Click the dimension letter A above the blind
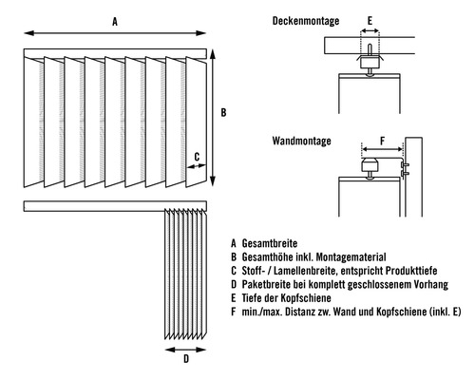(x=115, y=22)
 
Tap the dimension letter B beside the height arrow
(x=223, y=112)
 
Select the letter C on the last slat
(x=197, y=157)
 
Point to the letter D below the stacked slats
(x=186, y=358)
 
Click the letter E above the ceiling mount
(x=370, y=21)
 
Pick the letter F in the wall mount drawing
(x=382, y=141)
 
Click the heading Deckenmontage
(x=306, y=21)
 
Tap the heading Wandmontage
(x=301, y=141)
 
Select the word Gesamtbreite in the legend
(x=270, y=243)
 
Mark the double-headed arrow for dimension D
(x=186, y=350)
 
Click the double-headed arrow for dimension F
(x=382, y=149)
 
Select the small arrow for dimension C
(x=197, y=165)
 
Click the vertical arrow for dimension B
(x=213, y=118)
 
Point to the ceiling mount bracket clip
(x=370, y=62)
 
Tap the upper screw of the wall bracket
(x=406, y=164)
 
